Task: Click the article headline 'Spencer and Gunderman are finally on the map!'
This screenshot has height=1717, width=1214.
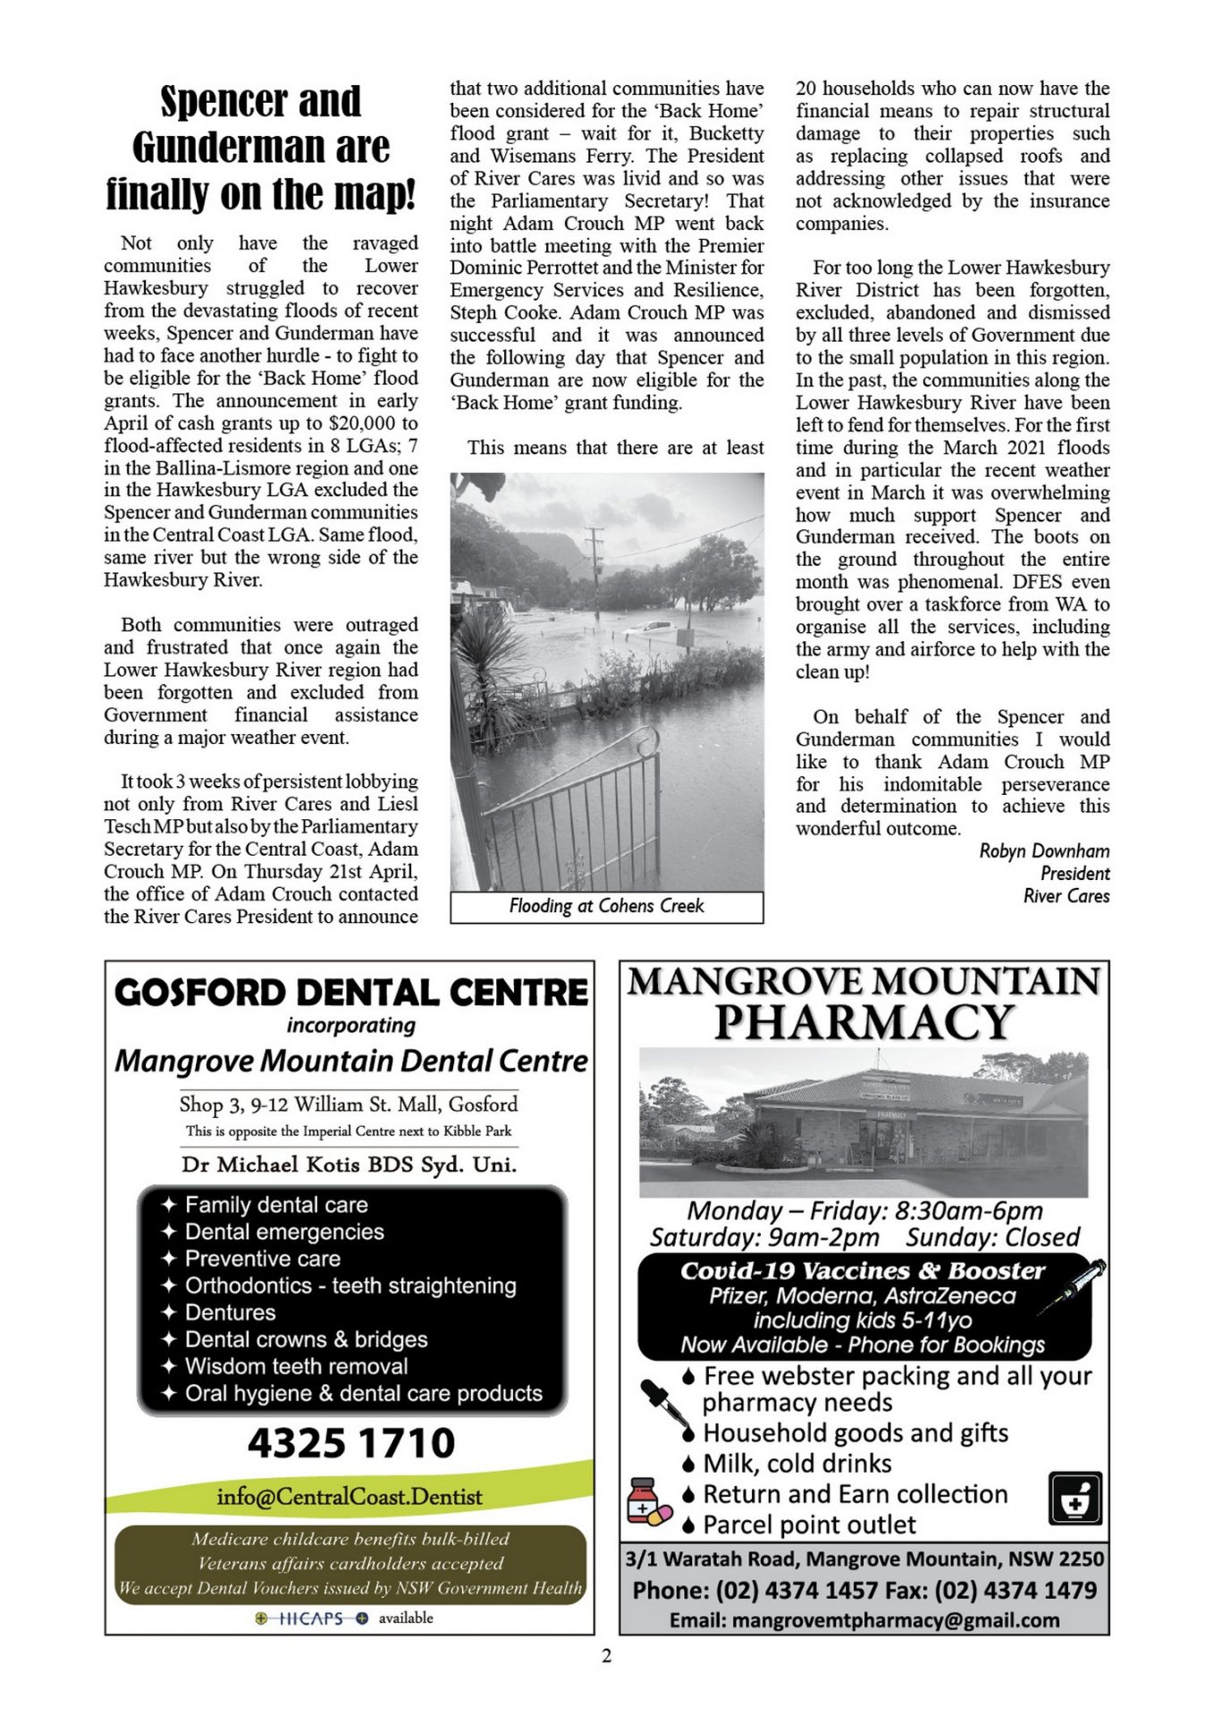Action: coord(260,148)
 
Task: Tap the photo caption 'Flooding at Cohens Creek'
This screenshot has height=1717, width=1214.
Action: coord(606,906)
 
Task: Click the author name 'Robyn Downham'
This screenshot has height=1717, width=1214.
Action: coord(1043,850)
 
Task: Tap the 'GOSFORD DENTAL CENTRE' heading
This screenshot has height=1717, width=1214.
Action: coord(350,993)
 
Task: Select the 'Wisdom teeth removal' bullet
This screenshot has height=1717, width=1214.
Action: coord(296,1366)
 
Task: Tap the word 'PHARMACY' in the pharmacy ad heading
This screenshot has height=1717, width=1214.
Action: coord(864,1022)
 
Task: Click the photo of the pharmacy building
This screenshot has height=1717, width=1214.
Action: coord(864,1122)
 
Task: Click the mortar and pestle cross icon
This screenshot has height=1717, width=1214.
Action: coord(1075,1499)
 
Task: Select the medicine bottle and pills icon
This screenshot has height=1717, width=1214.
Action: coord(648,1502)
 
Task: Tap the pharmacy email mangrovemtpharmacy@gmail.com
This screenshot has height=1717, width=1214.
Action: coord(864,1620)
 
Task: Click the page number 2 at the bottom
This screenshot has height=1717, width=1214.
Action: coord(607,1656)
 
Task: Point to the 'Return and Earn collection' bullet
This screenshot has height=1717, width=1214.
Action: coord(855,1493)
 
